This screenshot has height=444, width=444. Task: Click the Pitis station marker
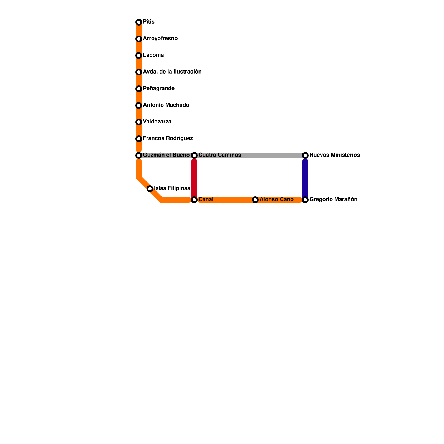(x=139, y=22)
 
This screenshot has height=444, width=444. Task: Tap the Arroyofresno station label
(x=160, y=39)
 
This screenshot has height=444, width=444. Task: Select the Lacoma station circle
(x=139, y=56)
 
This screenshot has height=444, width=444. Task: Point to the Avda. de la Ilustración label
(x=172, y=72)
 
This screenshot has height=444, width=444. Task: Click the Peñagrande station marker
(x=139, y=89)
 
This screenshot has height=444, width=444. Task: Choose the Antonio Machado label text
(x=166, y=105)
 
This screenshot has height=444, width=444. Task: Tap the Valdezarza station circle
(x=139, y=122)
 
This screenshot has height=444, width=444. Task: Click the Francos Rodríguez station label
(x=168, y=138)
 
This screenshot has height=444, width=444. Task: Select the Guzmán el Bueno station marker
(x=139, y=155)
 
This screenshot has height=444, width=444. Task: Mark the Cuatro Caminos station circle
(x=194, y=155)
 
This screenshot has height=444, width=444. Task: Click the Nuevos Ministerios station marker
(x=305, y=155)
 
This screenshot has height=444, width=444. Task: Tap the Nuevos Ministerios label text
(x=334, y=155)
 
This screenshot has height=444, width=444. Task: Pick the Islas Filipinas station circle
(x=150, y=189)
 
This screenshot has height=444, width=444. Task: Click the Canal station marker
(x=194, y=200)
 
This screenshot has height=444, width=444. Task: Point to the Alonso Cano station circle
(x=255, y=200)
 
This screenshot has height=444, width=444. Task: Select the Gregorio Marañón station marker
(x=305, y=200)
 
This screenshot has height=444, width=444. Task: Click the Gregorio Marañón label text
(x=333, y=200)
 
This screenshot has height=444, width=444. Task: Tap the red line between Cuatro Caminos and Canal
(x=194, y=178)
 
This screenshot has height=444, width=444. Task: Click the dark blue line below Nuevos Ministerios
(x=305, y=178)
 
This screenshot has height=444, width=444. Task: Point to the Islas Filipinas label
(x=172, y=188)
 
